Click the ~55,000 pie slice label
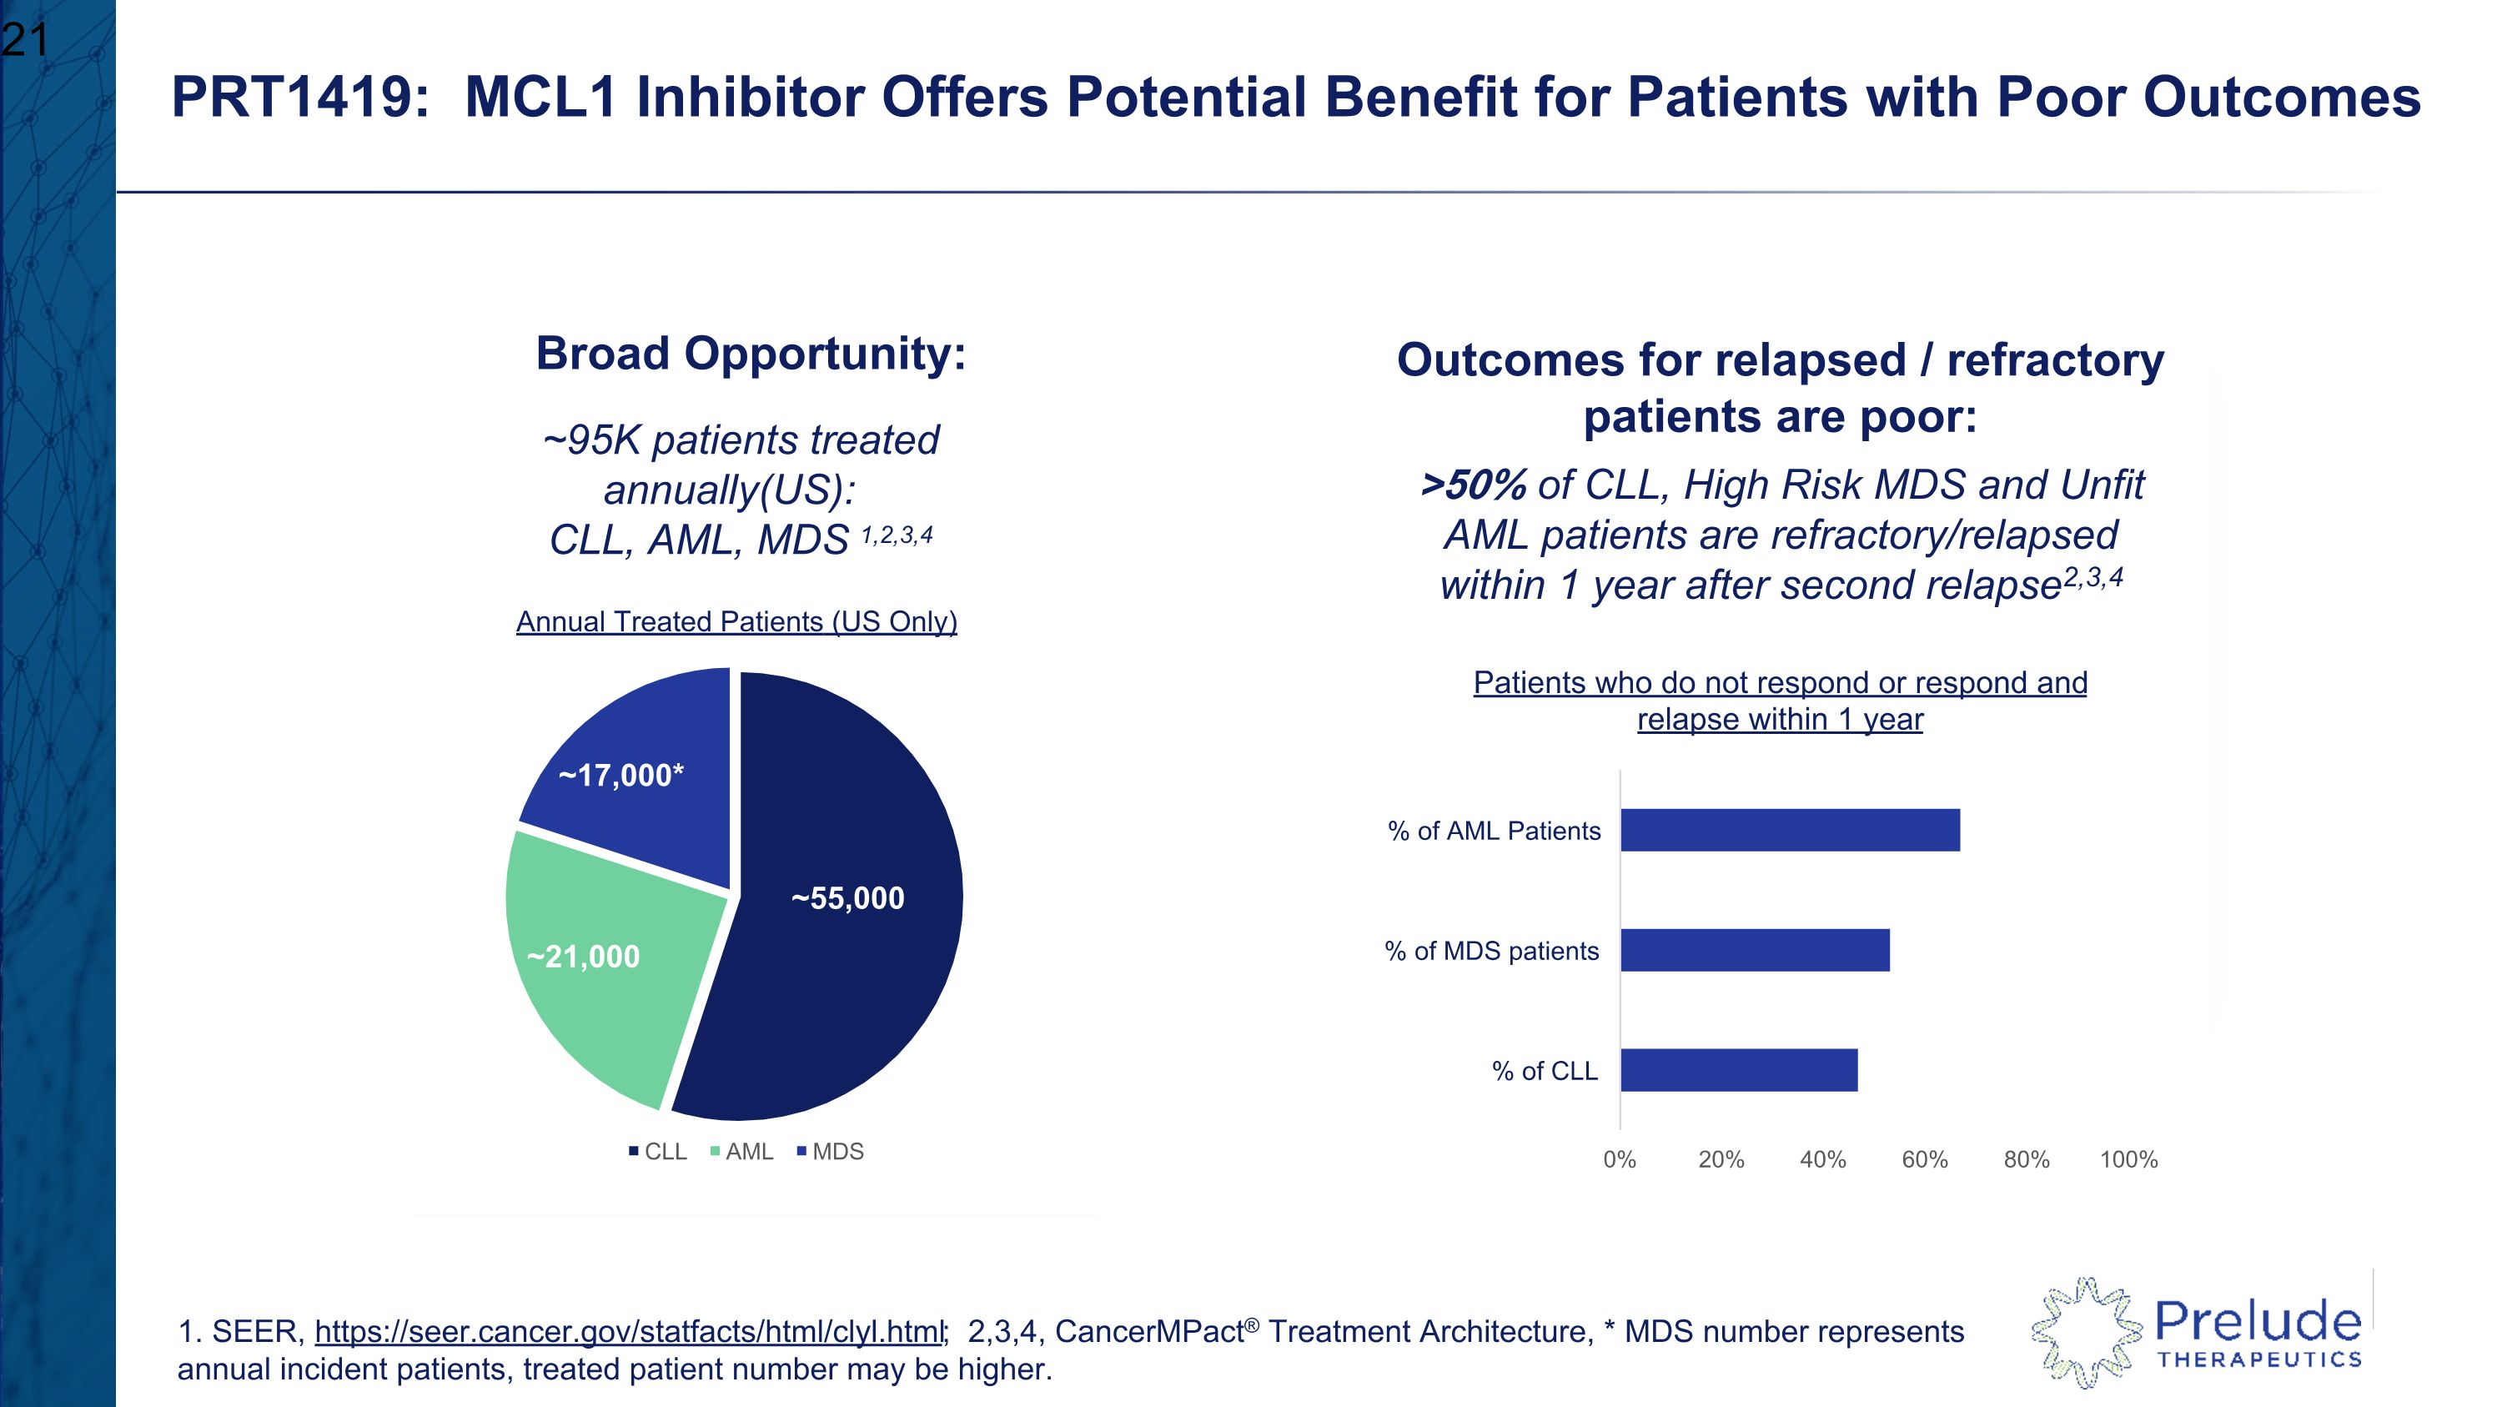coord(848,898)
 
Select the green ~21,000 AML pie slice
coord(602,981)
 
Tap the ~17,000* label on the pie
coord(621,775)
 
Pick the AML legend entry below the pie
coord(742,1152)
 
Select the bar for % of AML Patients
coord(1789,830)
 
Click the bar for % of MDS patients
coord(1754,950)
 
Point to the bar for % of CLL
coord(1739,1070)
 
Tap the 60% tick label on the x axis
coord(1924,1159)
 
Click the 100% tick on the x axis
coord(2128,1159)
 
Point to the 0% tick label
coord(1619,1159)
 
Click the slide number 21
coord(24,41)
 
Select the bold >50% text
coord(1473,485)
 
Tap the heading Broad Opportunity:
coord(751,354)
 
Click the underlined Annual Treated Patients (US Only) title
coord(736,621)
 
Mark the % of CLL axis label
coord(1545,1070)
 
